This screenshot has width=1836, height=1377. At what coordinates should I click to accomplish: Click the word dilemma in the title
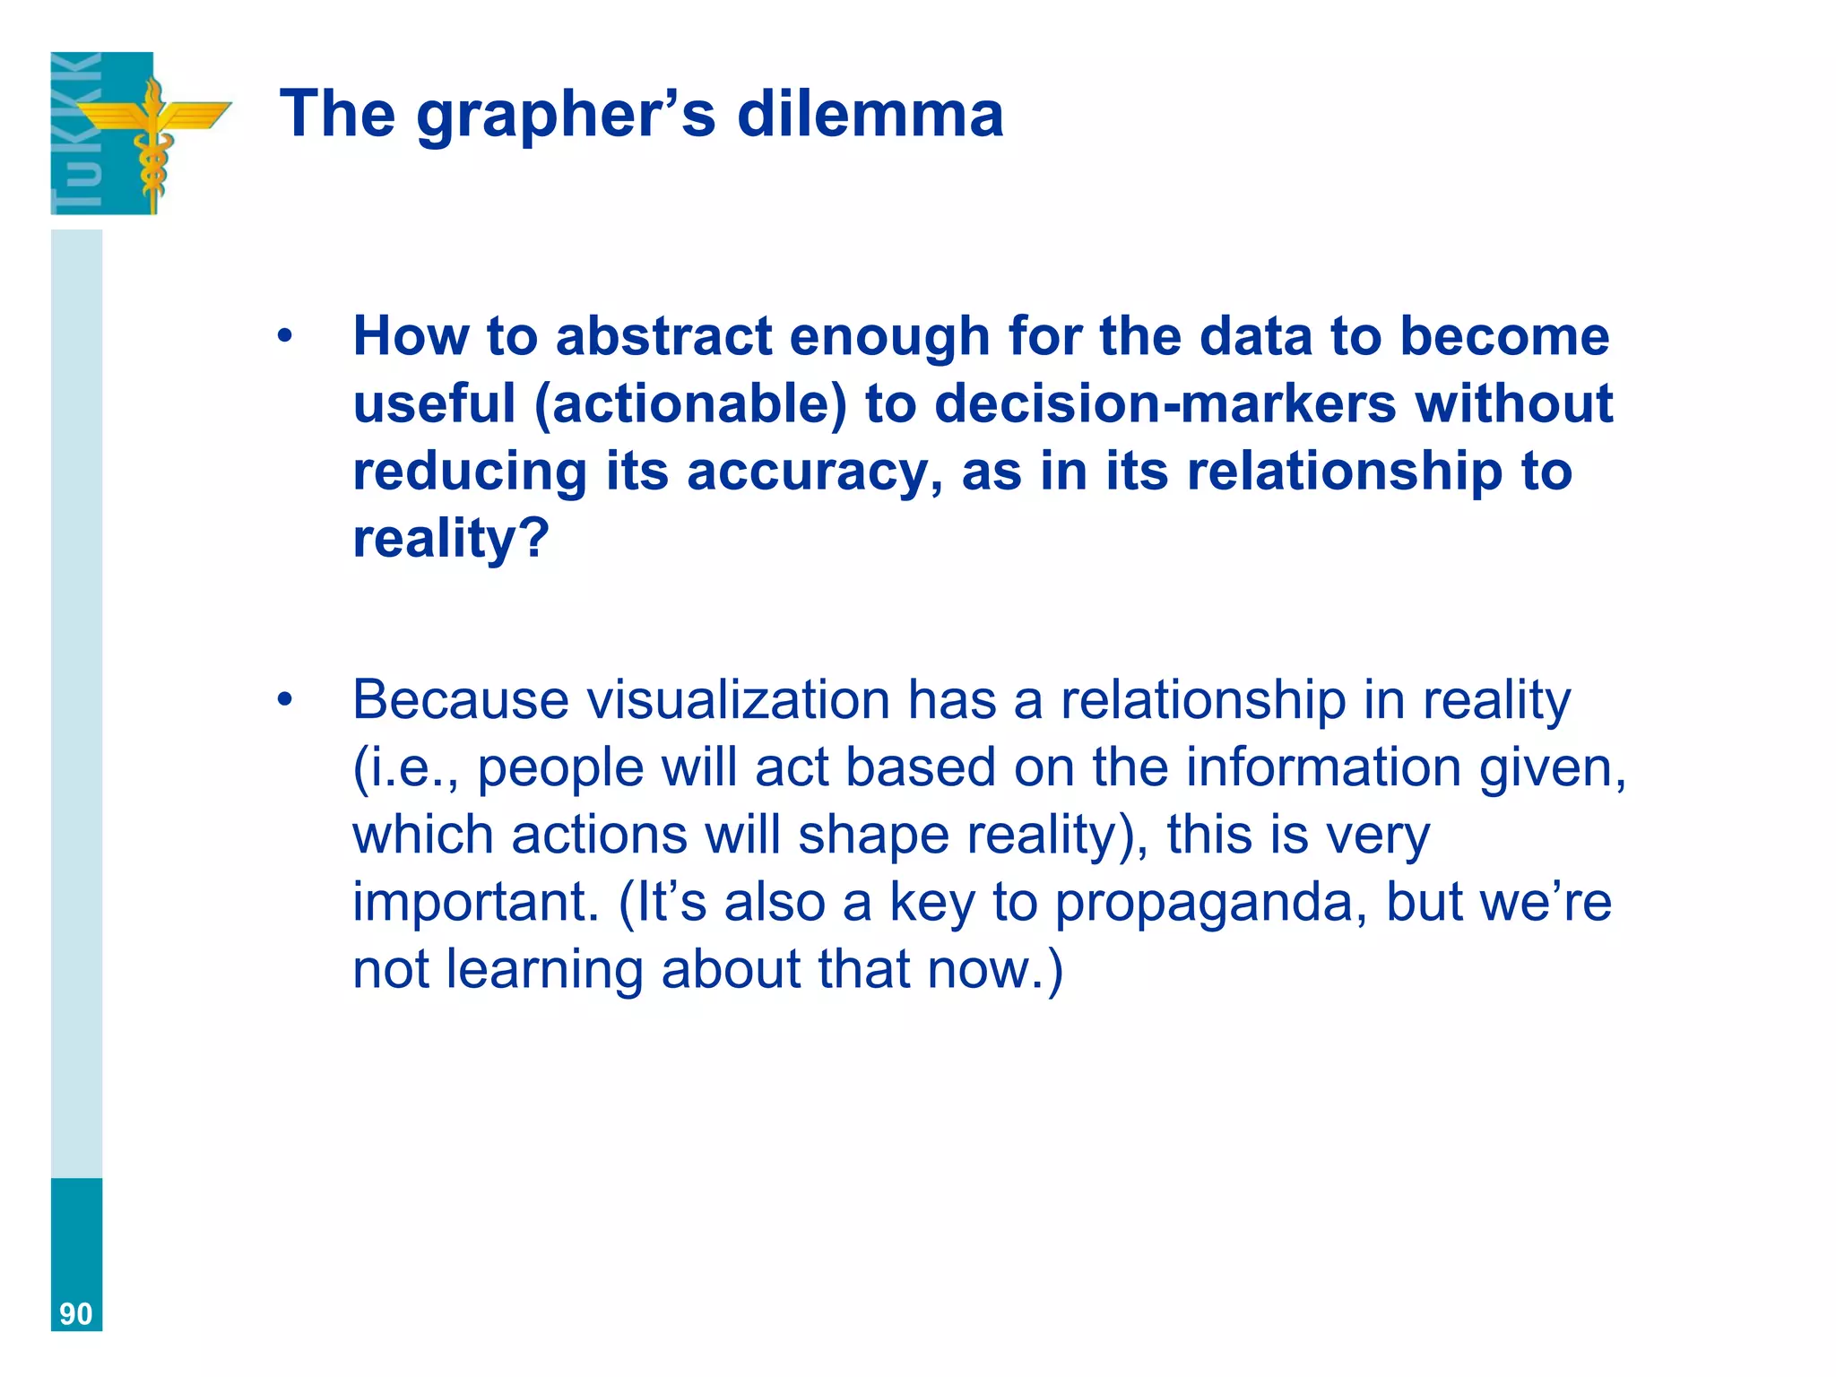click(x=870, y=114)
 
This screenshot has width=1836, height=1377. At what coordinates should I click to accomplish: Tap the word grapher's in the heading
click(x=566, y=117)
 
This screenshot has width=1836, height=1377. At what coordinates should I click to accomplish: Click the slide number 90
click(x=76, y=1313)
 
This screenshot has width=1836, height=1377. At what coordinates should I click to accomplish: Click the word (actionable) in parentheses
click(x=689, y=404)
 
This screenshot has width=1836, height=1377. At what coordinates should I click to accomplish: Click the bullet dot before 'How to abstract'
click(x=285, y=337)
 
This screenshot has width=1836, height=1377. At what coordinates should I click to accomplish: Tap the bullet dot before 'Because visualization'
click(x=285, y=700)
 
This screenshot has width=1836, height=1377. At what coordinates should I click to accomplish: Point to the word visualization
click(x=738, y=700)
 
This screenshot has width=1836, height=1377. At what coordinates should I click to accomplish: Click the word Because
click(x=460, y=700)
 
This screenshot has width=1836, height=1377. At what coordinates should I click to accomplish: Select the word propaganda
click(x=1210, y=903)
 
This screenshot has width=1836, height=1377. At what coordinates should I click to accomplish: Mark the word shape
click(x=873, y=836)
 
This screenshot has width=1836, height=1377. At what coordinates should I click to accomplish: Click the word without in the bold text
click(x=1514, y=403)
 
